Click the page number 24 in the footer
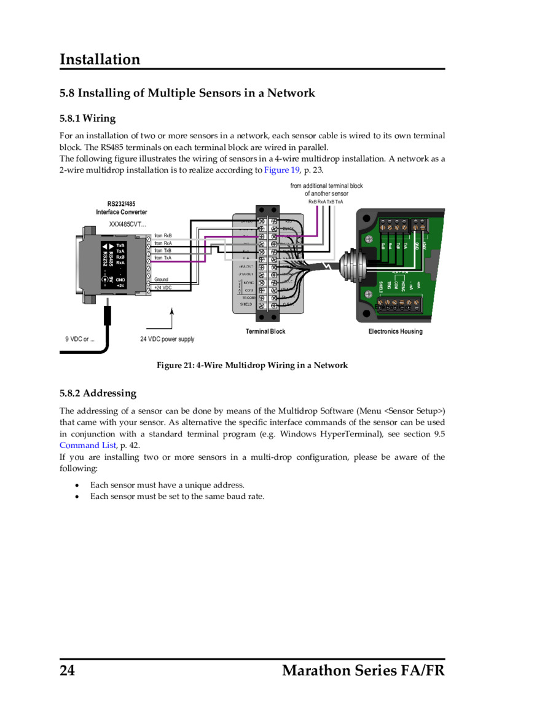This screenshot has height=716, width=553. click(68, 671)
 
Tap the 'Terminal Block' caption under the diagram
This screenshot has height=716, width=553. click(265, 331)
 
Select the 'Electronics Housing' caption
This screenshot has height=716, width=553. click(395, 331)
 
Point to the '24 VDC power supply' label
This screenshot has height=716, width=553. click(167, 339)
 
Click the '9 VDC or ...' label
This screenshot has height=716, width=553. click(80, 339)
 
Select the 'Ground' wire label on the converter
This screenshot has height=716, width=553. click(161, 280)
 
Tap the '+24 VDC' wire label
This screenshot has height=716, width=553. click(163, 288)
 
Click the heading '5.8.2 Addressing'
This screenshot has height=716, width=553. click(98, 393)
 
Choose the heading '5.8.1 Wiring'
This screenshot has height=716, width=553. click(87, 118)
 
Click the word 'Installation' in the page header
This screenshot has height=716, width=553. click(100, 60)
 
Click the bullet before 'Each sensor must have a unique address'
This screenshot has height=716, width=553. click(77, 485)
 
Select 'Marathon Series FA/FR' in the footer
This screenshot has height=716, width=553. click(363, 671)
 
